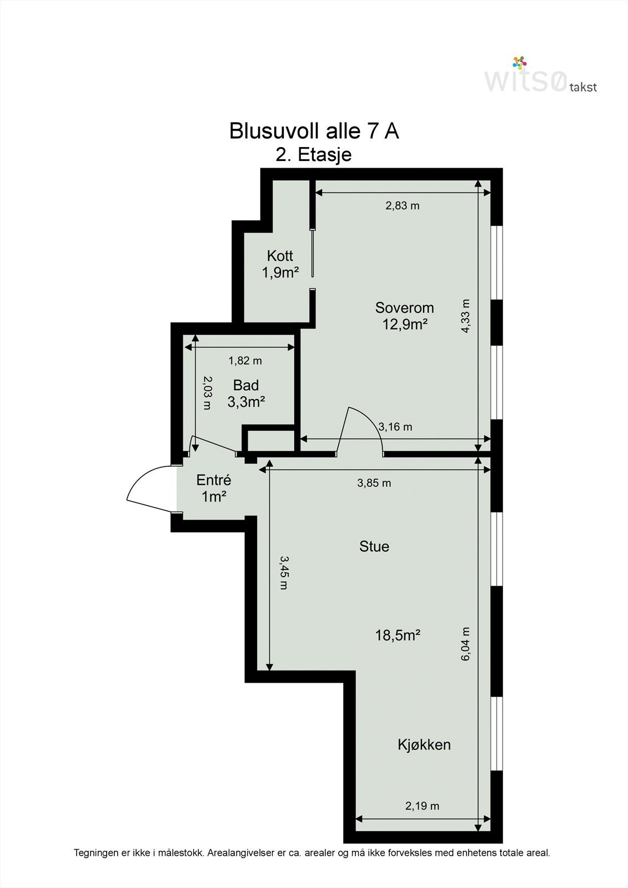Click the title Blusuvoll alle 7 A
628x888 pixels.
[314, 131]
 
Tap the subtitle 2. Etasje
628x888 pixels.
[313, 155]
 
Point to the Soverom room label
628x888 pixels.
[404, 307]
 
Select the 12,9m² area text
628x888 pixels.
[404, 324]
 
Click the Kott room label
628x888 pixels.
[280, 256]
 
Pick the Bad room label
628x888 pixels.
[246, 385]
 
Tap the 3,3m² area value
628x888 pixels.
[246, 402]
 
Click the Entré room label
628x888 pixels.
[213, 480]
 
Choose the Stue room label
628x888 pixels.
[374, 546]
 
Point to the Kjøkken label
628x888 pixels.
[424, 744]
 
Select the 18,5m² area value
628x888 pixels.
[398, 635]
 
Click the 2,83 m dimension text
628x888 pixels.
[402, 206]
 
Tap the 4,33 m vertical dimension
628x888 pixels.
[465, 316]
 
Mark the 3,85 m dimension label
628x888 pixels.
[374, 483]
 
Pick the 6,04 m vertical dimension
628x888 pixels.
[465, 644]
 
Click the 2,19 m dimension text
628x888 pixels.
[422, 806]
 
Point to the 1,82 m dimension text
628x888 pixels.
[245, 361]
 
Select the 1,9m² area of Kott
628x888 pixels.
[280, 273]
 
